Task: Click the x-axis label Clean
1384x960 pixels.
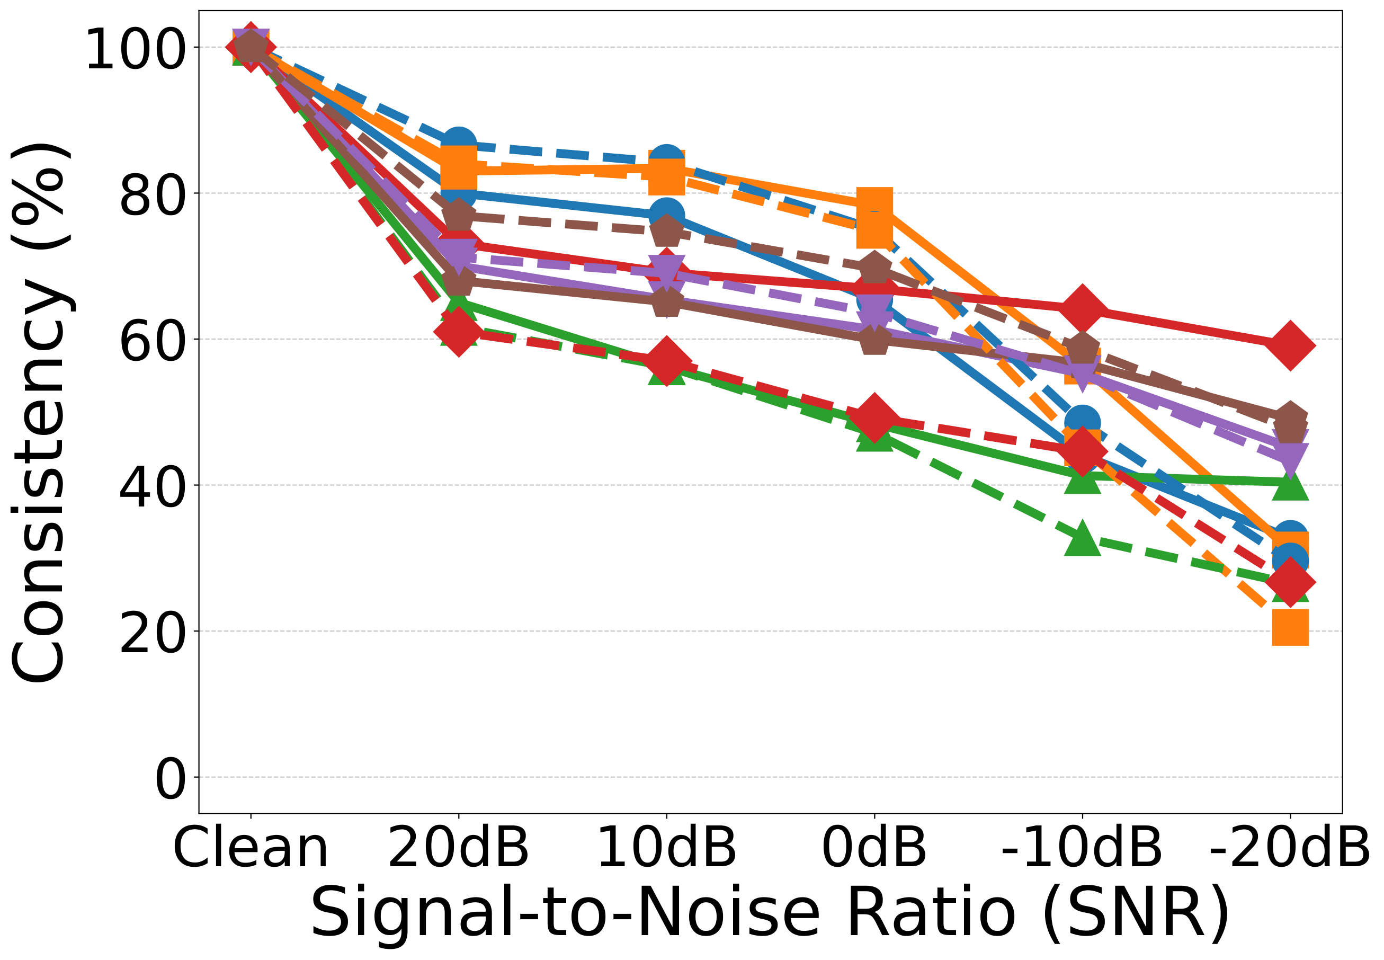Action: pos(250,848)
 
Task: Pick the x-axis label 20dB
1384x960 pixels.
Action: pos(458,848)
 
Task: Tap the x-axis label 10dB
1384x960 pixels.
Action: pos(666,848)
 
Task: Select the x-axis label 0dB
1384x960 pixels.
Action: pos(873,848)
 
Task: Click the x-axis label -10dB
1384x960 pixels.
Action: pos(1081,848)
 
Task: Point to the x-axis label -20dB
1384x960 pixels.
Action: pos(1289,848)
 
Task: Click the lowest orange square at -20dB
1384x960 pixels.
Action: pos(1290,627)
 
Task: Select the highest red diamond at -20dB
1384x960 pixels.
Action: pos(1290,345)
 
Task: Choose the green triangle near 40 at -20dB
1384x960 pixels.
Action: pos(1290,485)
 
